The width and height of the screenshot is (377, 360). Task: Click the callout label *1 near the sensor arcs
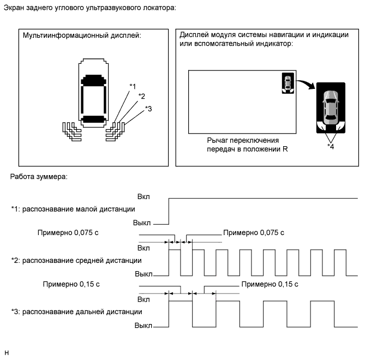(133, 86)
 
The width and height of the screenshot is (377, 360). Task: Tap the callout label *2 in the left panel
(141, 97)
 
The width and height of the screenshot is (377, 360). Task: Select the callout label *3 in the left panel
(148, 108)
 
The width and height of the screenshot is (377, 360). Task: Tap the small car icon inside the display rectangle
(288, 83)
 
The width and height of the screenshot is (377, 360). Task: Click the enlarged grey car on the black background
(331, 107)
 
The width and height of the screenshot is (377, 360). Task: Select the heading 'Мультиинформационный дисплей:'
(82, 35)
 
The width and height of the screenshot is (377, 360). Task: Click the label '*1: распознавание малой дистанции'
(73, 209)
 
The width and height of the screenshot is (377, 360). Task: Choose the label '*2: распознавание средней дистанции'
(76, 260)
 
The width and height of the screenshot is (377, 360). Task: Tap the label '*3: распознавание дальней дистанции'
(76, 311)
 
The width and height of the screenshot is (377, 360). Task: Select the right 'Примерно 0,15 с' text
(270, 284)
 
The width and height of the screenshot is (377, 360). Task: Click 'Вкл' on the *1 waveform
(144, 196)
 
